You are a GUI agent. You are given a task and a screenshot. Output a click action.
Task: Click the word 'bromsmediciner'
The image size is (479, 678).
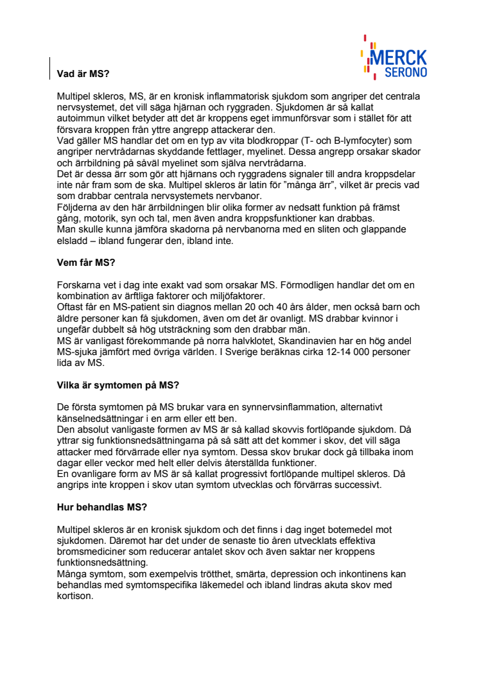pyautogui.click(x=92, y=551)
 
